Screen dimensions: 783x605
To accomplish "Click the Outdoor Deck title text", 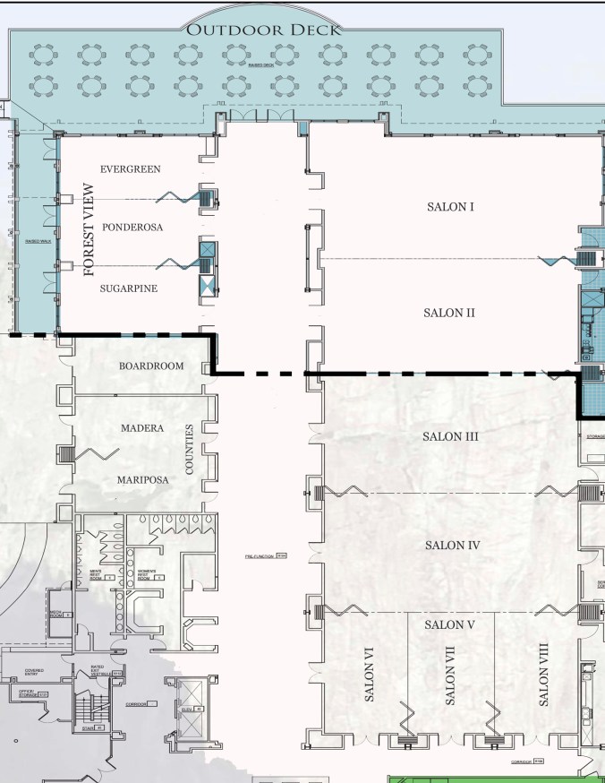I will [x=263, y=30].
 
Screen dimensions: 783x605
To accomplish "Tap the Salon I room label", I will [x=448, y=207].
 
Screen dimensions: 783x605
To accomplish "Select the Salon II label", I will [x=448, y=313].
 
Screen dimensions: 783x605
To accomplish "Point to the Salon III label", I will [x=450, y=436].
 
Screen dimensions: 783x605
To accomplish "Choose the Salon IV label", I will [x=453, y=545].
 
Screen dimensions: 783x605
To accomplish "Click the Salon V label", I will [x=450, y=624].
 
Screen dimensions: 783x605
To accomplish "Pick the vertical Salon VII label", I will [x=449, y=674].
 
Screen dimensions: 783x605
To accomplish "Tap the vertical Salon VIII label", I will [x=543, y=674].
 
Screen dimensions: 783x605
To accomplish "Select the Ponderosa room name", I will [x=132, y=227].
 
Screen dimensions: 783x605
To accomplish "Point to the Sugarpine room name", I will [x=131, y=288].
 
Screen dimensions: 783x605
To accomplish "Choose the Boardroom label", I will [x=151, y=366].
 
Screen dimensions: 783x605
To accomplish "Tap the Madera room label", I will [x=142, y=428].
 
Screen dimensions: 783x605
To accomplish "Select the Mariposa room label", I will [x=142, y=479].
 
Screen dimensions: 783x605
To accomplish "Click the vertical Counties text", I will [x=189, y=450].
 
